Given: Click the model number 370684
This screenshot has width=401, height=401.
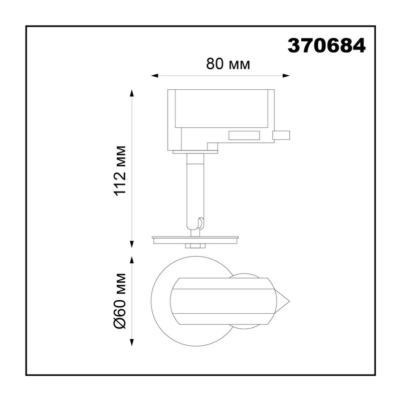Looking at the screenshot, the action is [x=327, y=46].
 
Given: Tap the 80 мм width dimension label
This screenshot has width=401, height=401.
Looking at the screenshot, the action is [x=228, y=64].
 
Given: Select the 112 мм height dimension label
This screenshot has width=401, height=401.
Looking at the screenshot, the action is [x=120, y=171].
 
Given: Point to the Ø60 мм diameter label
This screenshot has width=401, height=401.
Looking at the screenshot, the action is [x=120, y=301].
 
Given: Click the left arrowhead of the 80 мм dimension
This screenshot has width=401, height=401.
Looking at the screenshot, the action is [x=155, y=76].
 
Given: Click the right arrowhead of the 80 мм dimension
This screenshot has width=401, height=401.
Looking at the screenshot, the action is [x=286, y=76].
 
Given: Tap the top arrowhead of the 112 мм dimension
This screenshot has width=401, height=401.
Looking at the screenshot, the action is [x=132, y=93].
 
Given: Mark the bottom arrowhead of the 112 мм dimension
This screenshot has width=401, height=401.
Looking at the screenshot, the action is [x=132, y=244].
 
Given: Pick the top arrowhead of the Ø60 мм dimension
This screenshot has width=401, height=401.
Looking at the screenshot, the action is [x=132, y=260].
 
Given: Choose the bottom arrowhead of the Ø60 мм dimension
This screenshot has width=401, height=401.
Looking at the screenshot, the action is [x=132, y=342].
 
